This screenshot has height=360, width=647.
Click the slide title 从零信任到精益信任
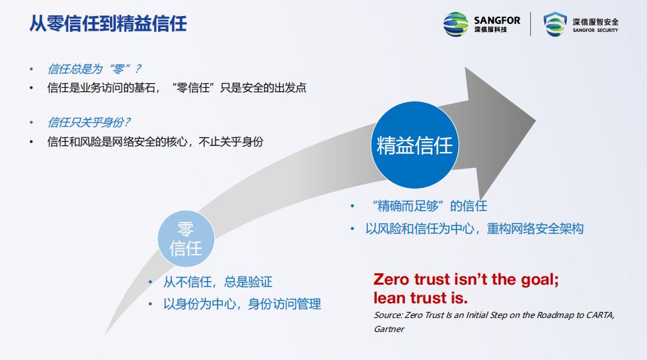[107, 24]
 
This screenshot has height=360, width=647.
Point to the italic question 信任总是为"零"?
[94, 69]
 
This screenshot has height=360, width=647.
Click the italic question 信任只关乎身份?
[89, 123]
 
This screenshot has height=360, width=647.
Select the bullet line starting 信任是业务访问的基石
[177, 87]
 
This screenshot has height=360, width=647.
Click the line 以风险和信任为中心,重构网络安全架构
[474, 229]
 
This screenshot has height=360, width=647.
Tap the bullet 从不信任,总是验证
[217, 282]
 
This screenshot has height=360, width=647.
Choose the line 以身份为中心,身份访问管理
[242, 304]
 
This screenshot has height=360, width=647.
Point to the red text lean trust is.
[420, 297]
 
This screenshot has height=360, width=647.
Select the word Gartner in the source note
[389, 329]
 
